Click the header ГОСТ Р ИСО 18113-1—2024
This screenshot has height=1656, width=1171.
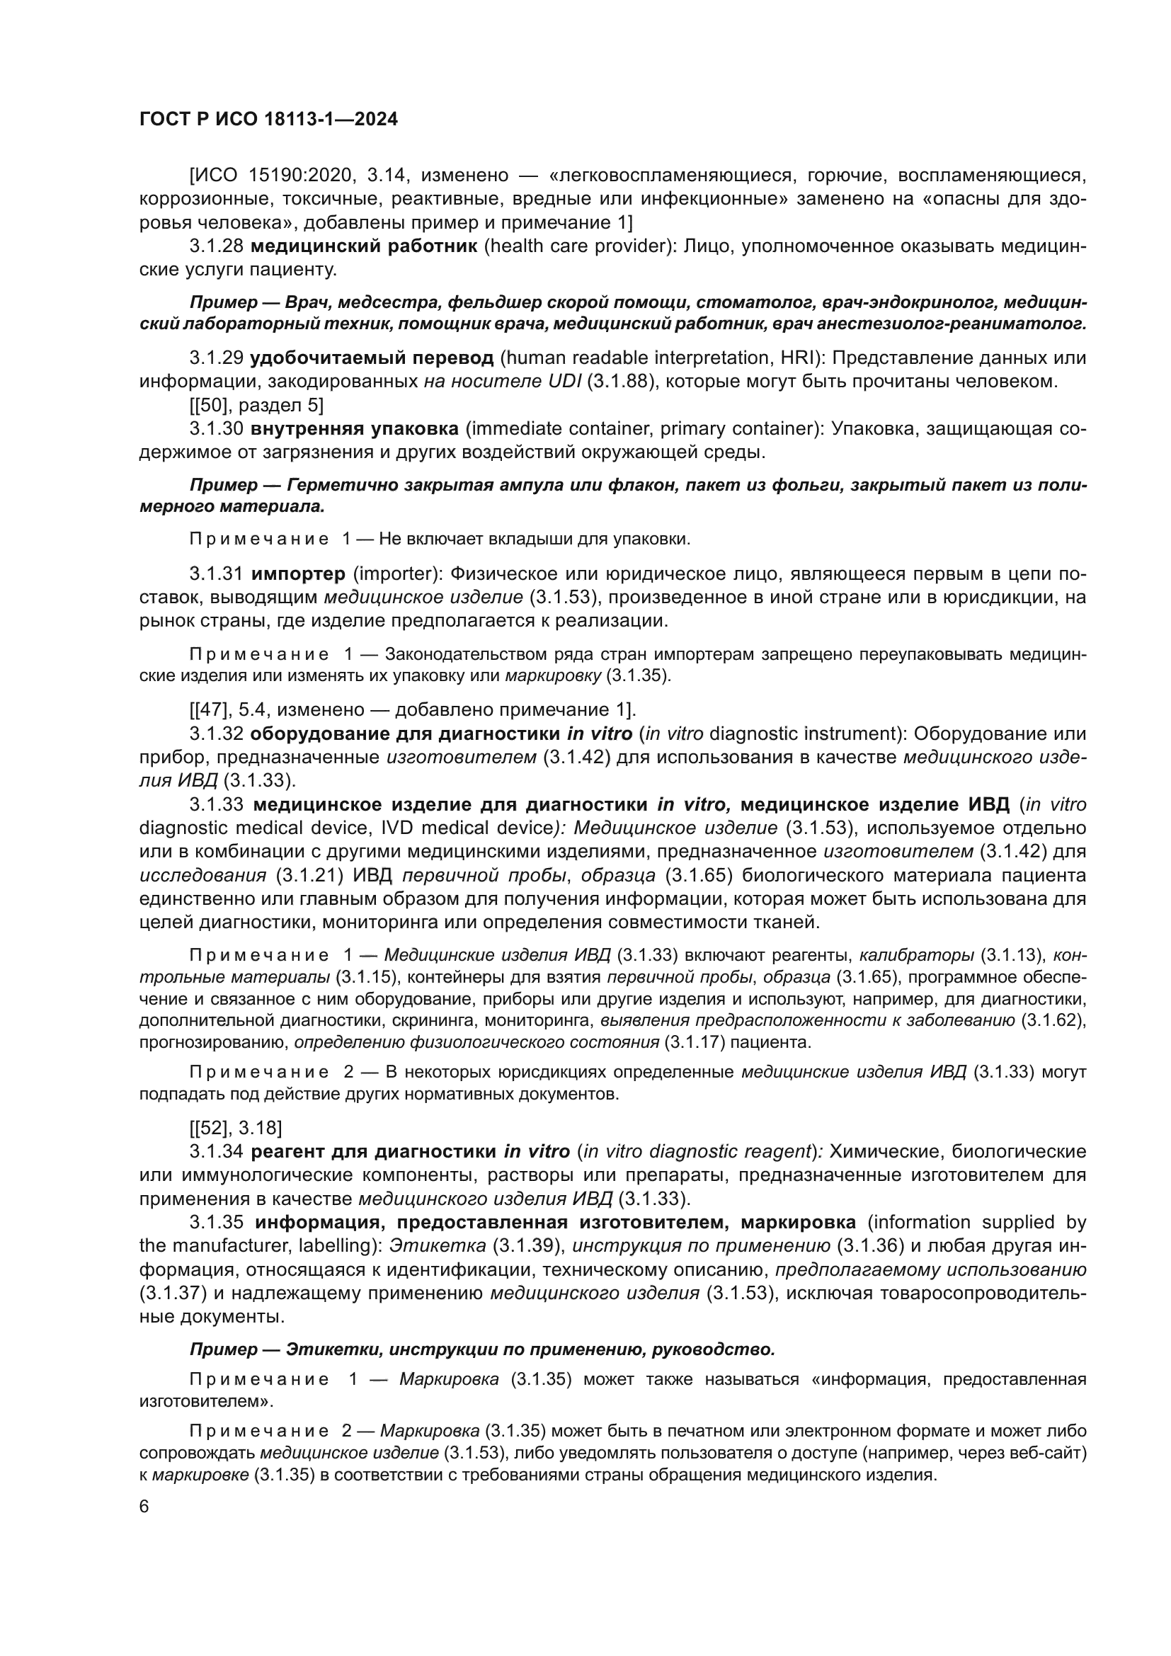[268, 120]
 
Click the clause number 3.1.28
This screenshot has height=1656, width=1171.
[217, 246]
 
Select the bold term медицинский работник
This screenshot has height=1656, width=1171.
[363, 246]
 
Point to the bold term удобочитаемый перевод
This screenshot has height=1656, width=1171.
[372, 358]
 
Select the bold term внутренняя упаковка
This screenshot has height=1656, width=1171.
[354, 428]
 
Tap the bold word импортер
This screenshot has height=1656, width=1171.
[298, 574]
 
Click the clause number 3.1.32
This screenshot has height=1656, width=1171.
[217, 734]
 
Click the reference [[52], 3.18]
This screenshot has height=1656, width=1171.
[236, 1127]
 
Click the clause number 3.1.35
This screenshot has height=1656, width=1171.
[217, 1223]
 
